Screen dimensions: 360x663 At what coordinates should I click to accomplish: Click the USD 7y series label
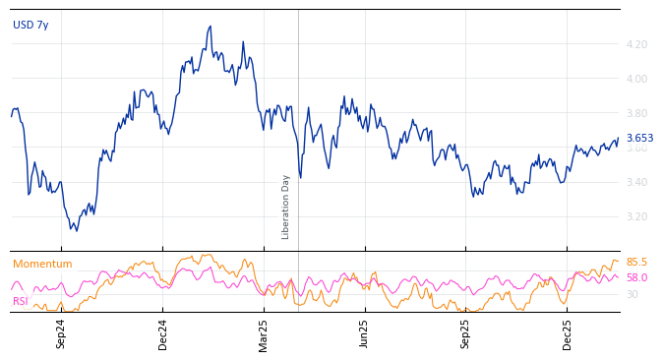pyautogui.click(x=30, y=25)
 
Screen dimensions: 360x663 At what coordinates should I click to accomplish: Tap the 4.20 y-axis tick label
pyautogui.click(x=635, y=44)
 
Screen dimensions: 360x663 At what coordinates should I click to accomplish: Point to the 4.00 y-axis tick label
pyautogui.click(x=635, y=79)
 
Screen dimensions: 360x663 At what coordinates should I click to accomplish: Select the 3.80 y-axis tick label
pyautogui.click(x=635, y=113)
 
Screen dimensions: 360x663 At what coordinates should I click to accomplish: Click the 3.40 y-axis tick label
pyautogui.click(x=635, y=182)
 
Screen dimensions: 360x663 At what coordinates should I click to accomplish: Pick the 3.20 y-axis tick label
pyautogui.click(x=635, y=216)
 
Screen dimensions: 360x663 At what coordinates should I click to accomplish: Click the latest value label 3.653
pyautogui.click(x=639, y=139)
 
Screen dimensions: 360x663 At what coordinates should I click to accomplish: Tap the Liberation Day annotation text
pyautogui.click(x=286, y=207)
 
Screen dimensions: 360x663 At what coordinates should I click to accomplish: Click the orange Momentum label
pyautogui.click(x=42, y=264)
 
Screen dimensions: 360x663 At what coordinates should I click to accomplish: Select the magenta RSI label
pyautogui.click(x=21, y=301)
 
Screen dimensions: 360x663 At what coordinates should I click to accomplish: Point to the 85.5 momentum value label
pyautogui.click(x=636, y=262)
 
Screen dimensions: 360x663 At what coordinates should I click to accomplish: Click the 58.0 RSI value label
pyautogui.click(x=636, y=277)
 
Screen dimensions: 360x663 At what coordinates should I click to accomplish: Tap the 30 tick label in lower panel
pyautogui.click(x=632, y=294)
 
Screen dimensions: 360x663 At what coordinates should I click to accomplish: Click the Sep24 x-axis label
pyautogui.click(x=61, y=333)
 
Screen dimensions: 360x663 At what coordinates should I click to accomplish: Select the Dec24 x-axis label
pyautogui.click(x=163, y=333)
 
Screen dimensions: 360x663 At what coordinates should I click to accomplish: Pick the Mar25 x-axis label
pyautogui.click(x=264, y=333)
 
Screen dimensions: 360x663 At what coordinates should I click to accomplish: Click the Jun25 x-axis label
pyautogui.click(x=365, y=333)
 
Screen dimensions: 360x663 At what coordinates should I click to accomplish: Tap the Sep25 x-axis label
pyautogui.click(x=466, y=333)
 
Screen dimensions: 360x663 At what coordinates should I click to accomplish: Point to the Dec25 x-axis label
pyautogui.click(x=568, y=333)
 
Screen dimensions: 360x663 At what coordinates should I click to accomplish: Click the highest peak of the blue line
pyautogui.click(x=211, y=27)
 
